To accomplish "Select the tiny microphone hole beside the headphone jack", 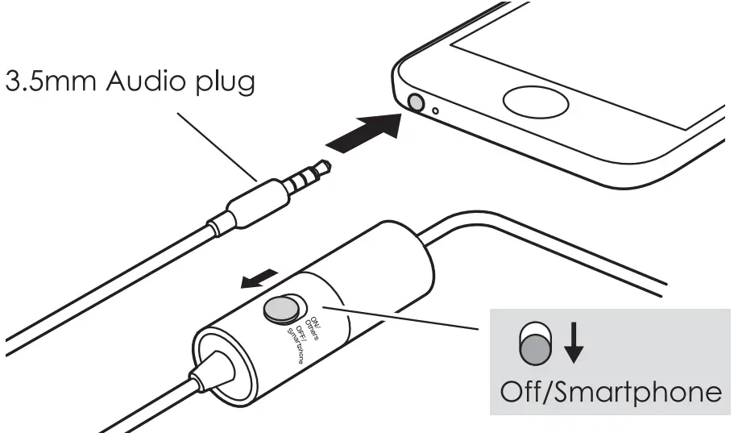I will pos(436,110).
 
